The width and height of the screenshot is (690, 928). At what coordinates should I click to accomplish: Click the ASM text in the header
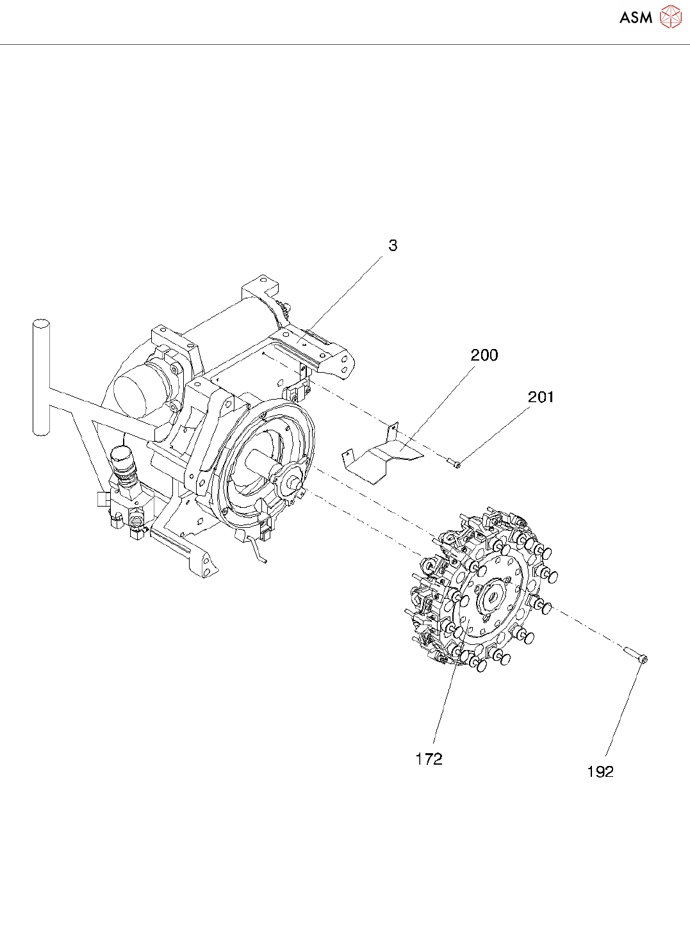(636, 17)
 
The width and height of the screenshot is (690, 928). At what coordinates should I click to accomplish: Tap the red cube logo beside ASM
(670, 17)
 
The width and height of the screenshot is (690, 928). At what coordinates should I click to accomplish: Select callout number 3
(393, 245)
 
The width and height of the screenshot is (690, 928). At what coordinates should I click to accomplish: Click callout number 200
(484, 355)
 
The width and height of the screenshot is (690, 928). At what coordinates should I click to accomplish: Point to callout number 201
(540, 397)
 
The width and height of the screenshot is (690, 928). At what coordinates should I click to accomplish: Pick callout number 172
(429, 759)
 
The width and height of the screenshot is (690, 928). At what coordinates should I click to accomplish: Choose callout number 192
(600, 772)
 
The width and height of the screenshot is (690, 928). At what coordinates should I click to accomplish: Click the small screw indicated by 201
(454, 464)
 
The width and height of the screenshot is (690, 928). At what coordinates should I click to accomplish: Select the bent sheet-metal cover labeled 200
(378, 456)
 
